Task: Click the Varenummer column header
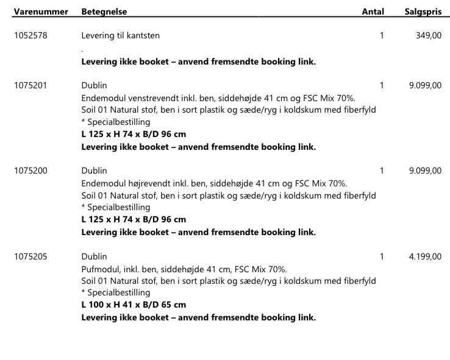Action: click(40, 12)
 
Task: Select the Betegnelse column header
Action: click(104, 12)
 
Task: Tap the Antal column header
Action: click(373, 12)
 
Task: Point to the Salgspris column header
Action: click(423, 12)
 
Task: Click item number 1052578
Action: click(30, 35)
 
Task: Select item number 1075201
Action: click(30, 86)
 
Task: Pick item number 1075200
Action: click(30, 171)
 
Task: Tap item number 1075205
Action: click(30, 256)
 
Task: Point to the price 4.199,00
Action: click(425, 256)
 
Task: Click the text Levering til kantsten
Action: click(121, 35)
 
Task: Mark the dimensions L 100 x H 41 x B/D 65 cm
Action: click(134, 305)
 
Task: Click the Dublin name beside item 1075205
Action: click(94, 256)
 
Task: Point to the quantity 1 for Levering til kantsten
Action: click(382, 35)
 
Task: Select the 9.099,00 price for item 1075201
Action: click(425, 86)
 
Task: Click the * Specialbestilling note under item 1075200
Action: click(115, 207)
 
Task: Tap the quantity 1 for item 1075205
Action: click(382, 256)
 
